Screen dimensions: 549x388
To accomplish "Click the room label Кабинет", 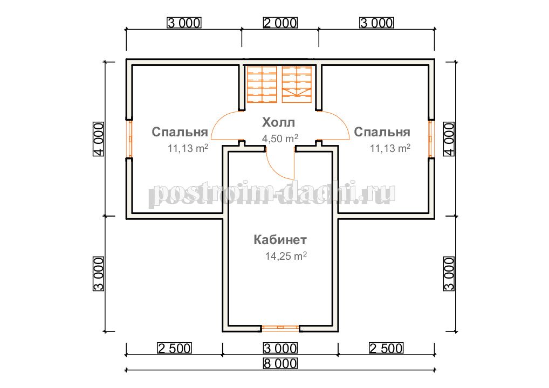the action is [280, 240].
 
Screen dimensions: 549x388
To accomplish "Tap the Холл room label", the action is [279, 122].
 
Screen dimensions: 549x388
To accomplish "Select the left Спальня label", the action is [180, 132].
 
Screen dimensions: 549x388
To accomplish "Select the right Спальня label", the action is [382, 132].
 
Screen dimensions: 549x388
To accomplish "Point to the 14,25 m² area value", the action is [286, 256].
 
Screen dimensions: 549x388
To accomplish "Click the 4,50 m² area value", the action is [280, 138].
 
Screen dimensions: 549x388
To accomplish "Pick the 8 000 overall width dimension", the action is [280, 364].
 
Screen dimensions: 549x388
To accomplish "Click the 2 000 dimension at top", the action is [280, 23].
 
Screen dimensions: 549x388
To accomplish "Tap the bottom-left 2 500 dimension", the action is [174, 349].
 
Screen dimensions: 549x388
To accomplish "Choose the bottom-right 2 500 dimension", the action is [386, 349].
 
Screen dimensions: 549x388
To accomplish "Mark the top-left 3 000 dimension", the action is [184, 23].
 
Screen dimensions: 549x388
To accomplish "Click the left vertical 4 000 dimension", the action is [99, 139].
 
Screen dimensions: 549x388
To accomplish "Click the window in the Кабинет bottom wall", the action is [280, 328].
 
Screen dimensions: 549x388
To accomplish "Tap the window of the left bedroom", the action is [129, 139].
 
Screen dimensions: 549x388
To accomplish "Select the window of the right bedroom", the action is [431, 139].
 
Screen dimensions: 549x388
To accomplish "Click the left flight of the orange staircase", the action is [262, 84].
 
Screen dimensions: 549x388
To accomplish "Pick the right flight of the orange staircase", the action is [297, 84].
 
